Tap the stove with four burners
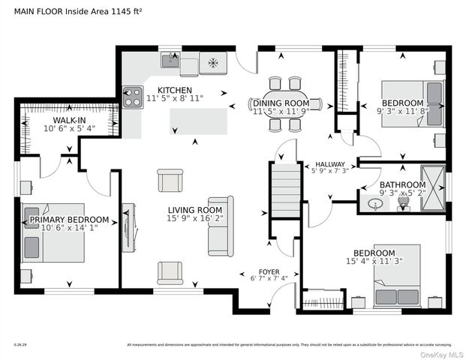(133, 97)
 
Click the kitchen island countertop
(198, 121)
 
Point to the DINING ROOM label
(281, 103)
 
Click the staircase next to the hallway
(285, 192)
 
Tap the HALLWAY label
(330, 164)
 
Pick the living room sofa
(221, 226)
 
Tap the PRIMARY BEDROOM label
(69, 220)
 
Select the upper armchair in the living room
(169, 181)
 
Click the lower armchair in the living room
(169, 271)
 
